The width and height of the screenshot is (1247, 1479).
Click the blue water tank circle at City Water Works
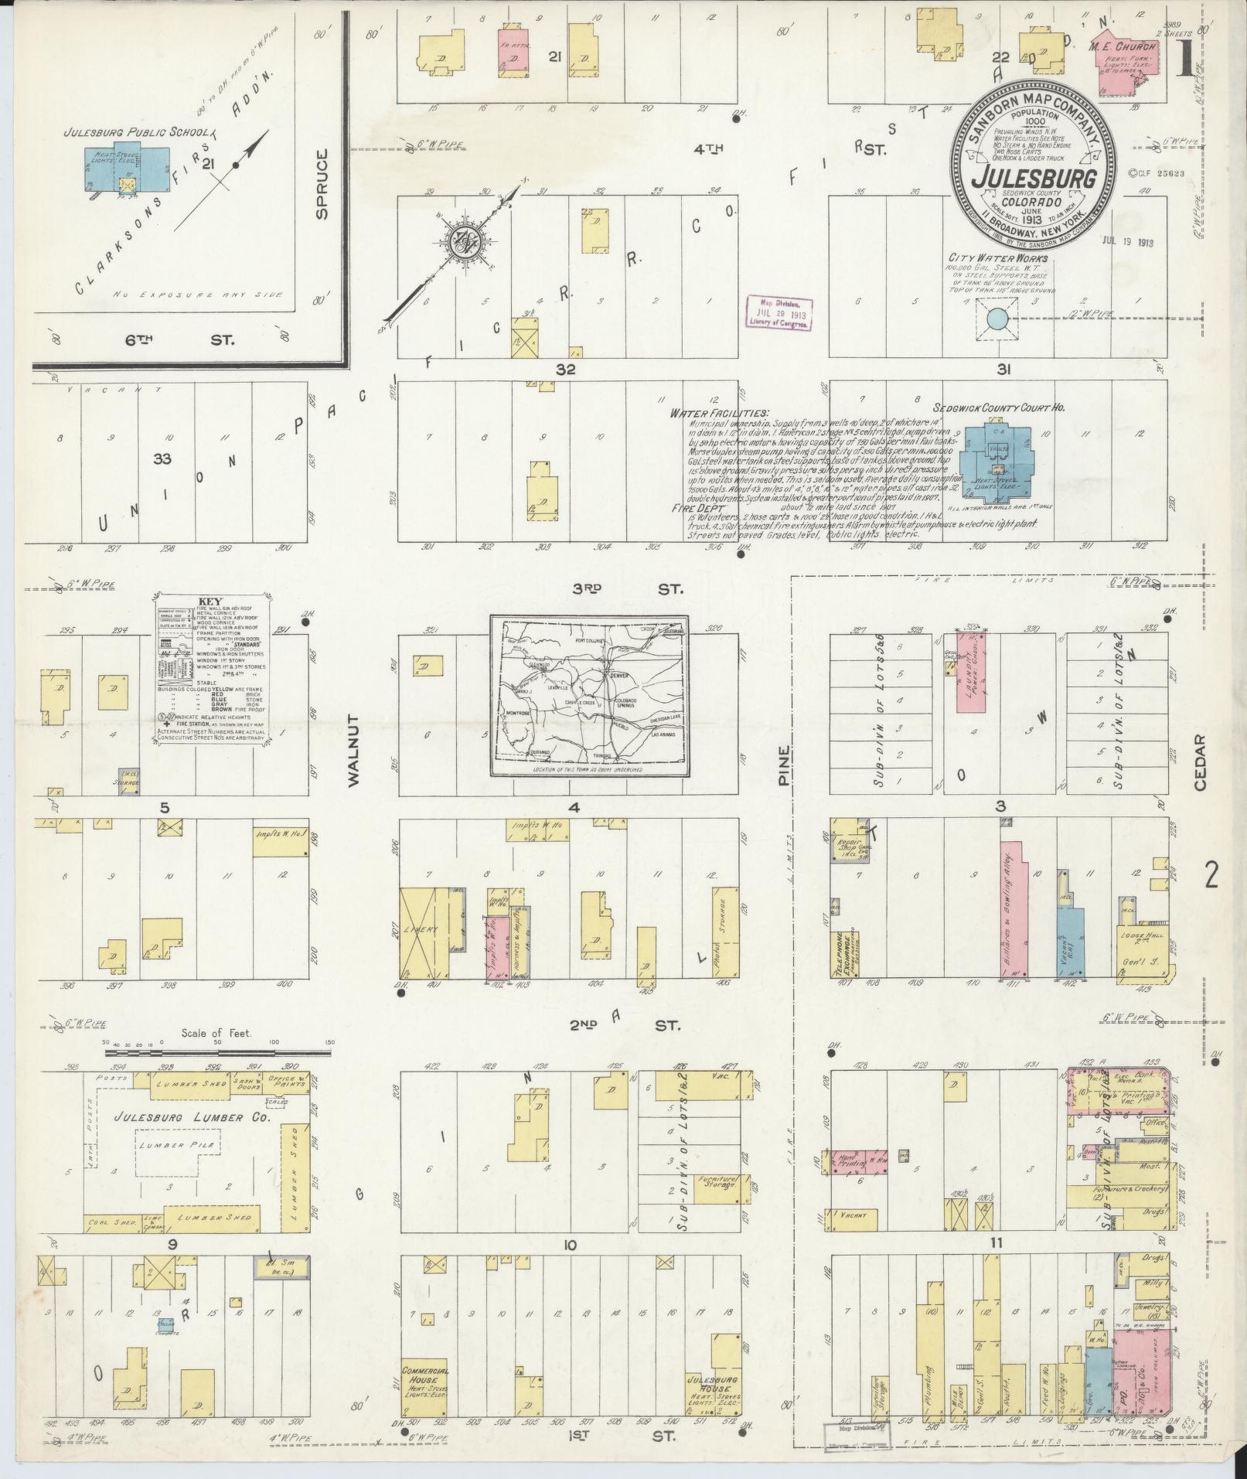997,318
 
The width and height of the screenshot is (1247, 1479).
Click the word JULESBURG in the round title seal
1035,177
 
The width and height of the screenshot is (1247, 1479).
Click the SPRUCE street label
322,184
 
